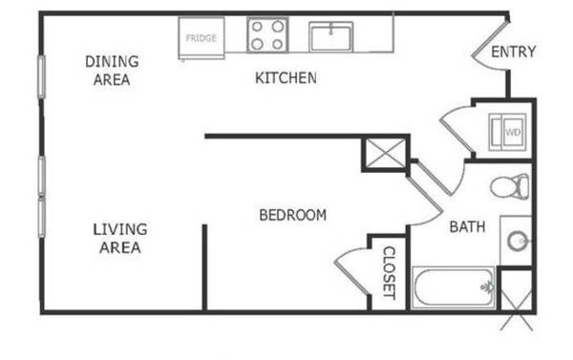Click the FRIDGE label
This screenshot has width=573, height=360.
(201, 38)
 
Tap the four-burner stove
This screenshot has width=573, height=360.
(267, 35)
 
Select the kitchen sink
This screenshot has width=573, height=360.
(330, 37)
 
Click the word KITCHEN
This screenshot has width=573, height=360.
(286, 78)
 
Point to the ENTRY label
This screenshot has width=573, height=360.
(513, 52)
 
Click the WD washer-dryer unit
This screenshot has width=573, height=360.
(508, 133)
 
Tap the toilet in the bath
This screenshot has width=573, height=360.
(509, 187)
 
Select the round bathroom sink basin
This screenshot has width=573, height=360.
(518, 241)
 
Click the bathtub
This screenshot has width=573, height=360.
(454, 288)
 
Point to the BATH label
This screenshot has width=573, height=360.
(467, 227)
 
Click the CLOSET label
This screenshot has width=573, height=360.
(389, 273)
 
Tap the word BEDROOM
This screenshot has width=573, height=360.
(293, 215)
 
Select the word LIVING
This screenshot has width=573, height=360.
(120, 229)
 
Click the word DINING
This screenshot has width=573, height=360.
(112, 61)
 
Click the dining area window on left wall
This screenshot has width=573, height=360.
(42, 76)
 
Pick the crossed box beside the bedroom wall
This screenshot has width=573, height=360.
(386, 154)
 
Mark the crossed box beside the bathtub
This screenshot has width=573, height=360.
(516, 299)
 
